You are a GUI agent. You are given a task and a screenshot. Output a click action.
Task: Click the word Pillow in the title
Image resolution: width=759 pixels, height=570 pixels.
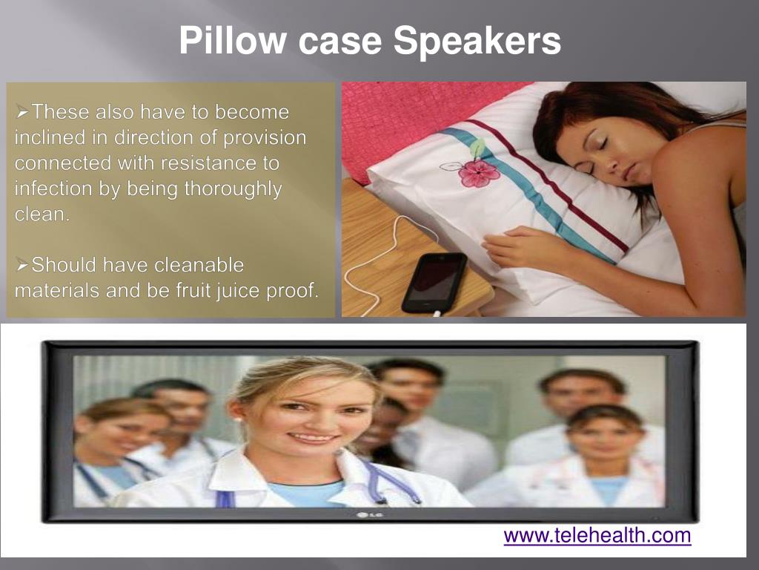click(x=232, y=41)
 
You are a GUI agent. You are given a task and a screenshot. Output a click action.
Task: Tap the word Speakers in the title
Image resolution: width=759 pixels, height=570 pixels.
click(x=477, y=41)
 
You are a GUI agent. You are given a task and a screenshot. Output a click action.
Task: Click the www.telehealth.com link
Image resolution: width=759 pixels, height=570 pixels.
click(x=597, y=535)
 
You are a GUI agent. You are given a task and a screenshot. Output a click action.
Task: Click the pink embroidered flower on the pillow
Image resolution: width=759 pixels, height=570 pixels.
click(x=478, y=172)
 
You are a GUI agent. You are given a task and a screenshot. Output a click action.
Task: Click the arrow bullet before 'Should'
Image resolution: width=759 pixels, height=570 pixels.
click(x=22, y=264)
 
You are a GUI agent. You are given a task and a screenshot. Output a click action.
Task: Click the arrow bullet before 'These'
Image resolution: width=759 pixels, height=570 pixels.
click(x=22, y=112)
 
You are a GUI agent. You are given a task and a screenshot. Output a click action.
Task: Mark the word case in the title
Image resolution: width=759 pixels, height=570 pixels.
click(x=339, y=41)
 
